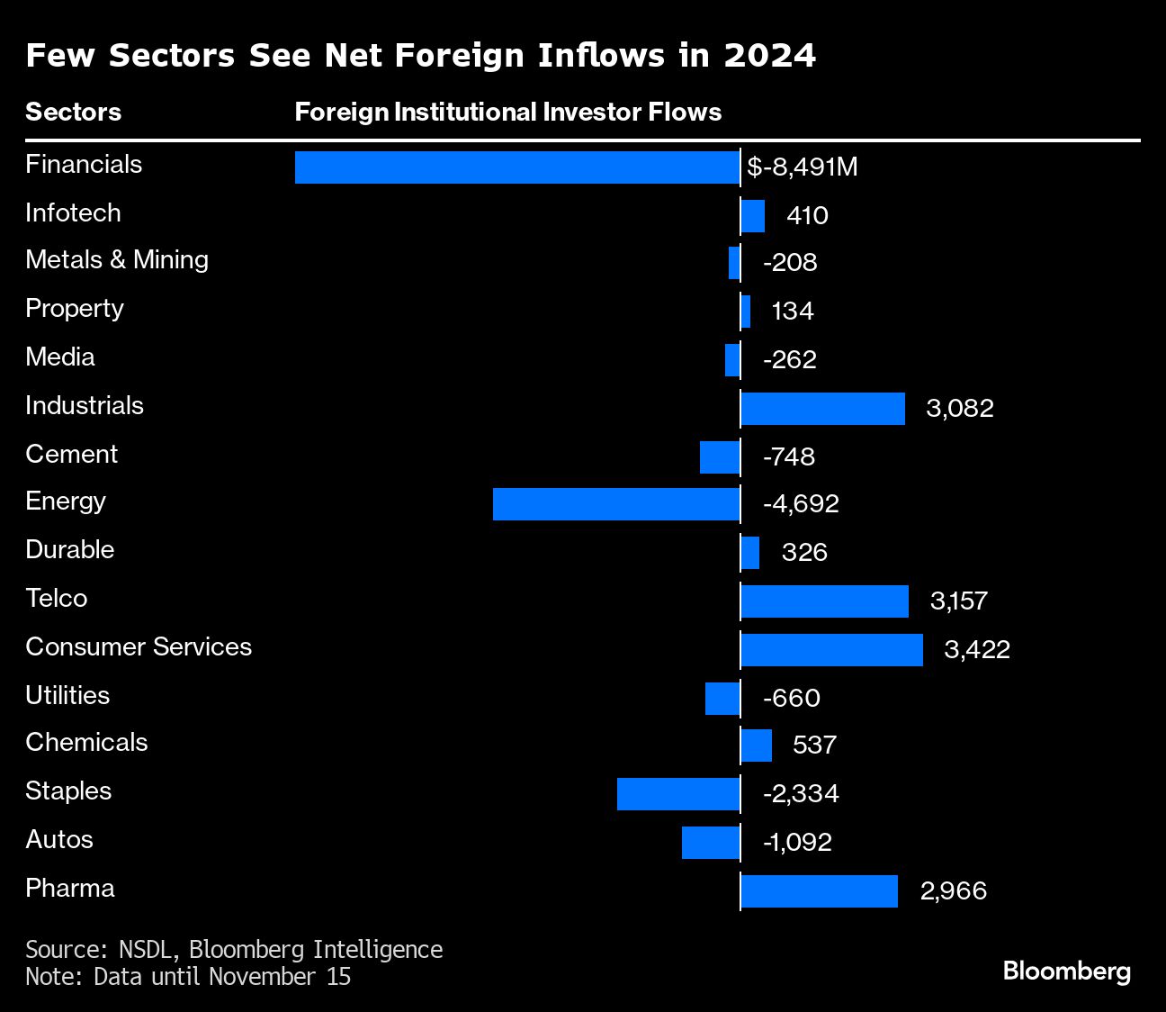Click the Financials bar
[517, 167]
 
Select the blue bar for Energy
[616, 504]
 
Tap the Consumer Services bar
[831, 650]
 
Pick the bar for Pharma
[819, 891]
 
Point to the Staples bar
[678, 794]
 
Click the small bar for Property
[746, 312]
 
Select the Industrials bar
[822, 409]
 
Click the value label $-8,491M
[802, 167]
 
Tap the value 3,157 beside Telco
[959, 601]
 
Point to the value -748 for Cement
[788, 457]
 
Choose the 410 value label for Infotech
[807, 216]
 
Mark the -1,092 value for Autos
[797, 843]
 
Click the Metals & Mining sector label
[117, 260]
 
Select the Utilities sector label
[67, 696]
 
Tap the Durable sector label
[70, 550]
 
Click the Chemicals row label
[86, 743]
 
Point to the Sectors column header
[73, 113]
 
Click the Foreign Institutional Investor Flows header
[508, 113]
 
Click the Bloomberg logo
[1066, 971]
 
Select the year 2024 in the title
[770, 56]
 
